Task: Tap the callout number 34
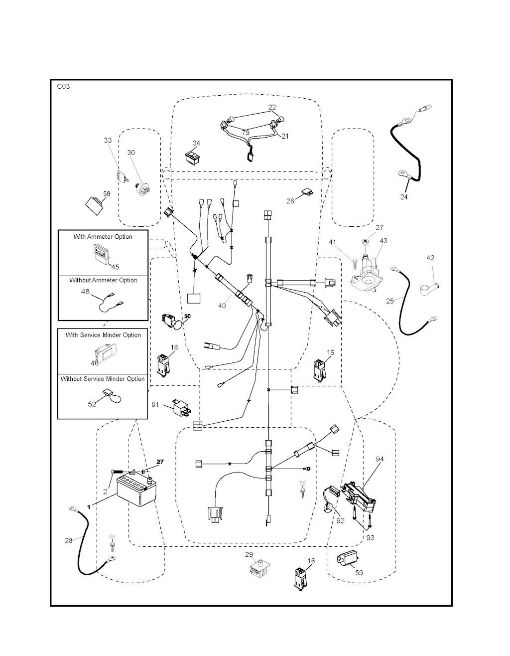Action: click(x=196, y=144)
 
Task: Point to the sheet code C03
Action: click(x=63, y=86)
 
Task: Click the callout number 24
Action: click(x=404, y=197)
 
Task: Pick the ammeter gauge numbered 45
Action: click(x=102, y=255)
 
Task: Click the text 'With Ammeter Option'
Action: click(x=103, y=237)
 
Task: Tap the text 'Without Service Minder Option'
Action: click(x=103, y=379)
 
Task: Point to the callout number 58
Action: click(x=106, y=193)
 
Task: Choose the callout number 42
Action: click(x=430, y=258)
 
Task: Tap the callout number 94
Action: click(x=380, y=459)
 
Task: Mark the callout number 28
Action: click(x=68, y=540)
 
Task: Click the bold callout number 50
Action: click(x=187, y=316)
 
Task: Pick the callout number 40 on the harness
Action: click(x=222, y=306)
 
